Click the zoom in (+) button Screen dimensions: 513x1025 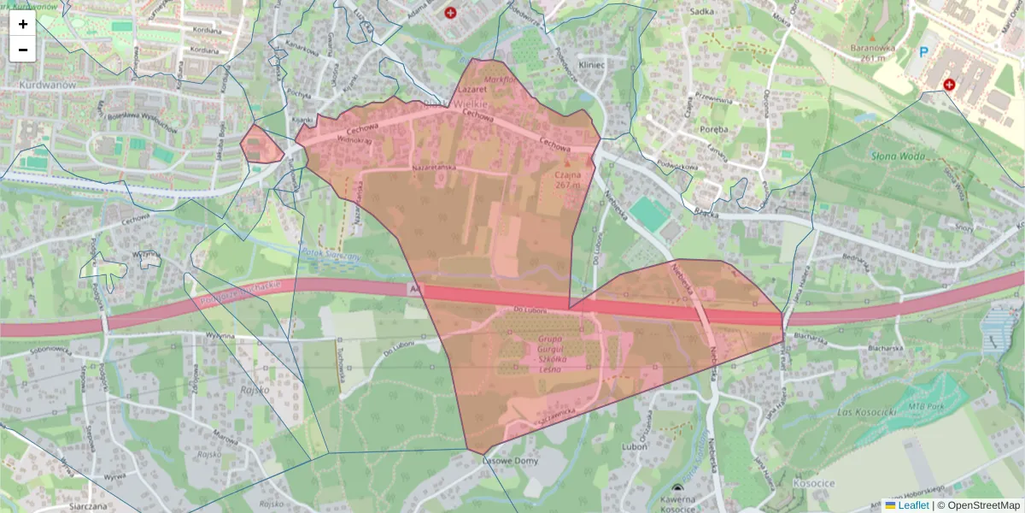[x=23, y=24]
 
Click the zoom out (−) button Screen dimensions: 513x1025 [x=23, y=50]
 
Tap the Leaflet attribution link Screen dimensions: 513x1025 [x=912, y=505]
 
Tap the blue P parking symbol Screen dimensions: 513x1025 [x=922, y=51]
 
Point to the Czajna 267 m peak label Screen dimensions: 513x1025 [x=566, y=179]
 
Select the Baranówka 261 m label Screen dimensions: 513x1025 [x=871, y=53]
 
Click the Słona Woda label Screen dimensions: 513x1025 [x=898, y=156]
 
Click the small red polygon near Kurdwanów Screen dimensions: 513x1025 [x=261, y=144]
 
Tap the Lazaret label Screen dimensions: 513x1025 [x=472, y=88]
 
